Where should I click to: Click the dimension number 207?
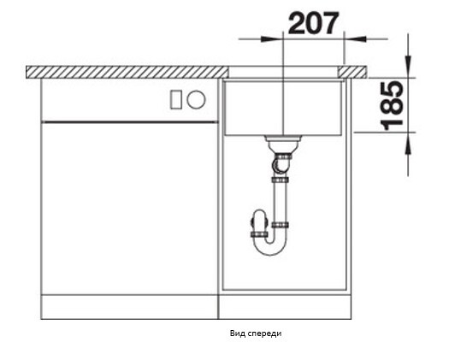313,23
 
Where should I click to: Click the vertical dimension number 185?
393,105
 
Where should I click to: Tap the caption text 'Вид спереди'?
256,333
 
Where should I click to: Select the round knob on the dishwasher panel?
196,99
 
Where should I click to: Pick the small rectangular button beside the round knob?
175,99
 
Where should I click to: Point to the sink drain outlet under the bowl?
282,143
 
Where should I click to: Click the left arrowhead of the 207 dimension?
271,38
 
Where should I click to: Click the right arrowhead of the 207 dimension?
355,38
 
